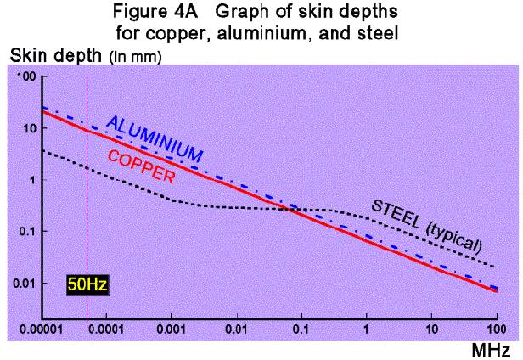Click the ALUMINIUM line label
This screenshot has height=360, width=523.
click(x=155, y=139)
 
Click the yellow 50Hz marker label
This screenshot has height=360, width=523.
click(x=87, y=284)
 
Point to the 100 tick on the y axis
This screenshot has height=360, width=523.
click(x=25, y=77)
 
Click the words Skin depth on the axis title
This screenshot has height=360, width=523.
click(x=42, y=56)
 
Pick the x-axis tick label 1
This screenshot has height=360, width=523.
click(x=366, y=328)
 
